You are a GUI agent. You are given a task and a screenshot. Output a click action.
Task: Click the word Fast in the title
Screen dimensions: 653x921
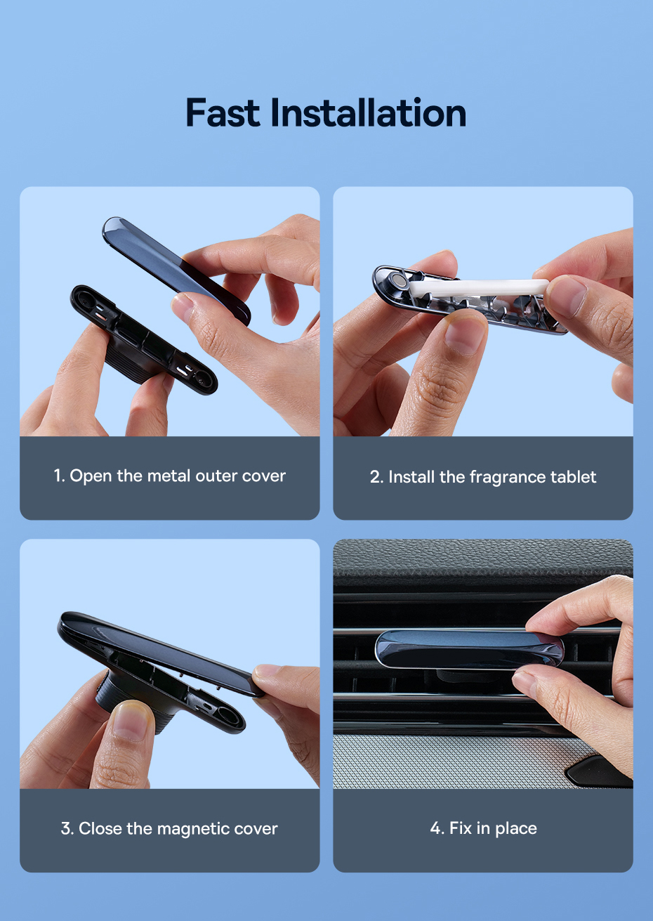223,112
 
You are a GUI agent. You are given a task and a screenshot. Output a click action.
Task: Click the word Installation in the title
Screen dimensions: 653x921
369,112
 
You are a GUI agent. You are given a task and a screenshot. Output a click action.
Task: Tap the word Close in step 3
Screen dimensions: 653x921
100,828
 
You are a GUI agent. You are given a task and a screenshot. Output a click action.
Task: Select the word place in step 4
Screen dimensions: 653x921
516,829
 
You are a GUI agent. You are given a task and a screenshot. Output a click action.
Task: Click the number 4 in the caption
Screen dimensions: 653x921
435,828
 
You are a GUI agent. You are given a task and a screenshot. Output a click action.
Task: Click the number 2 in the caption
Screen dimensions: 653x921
375,477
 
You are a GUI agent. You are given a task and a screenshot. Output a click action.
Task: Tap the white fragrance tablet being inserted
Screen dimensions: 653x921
479,287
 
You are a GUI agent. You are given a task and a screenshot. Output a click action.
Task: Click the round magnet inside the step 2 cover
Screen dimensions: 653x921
399,281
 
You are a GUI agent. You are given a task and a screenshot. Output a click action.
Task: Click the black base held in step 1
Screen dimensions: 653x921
143,340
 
